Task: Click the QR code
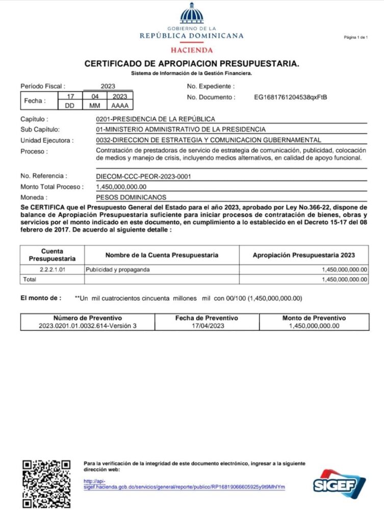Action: pyautogui.click(x=46, y=484)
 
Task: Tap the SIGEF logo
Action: pyautogui.click(x=338, y=484)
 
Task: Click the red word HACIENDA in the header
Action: pyautogui.click(x=192, y=50)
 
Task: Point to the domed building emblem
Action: pyautogui.click(x=192, y=14)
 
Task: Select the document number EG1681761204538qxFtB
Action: pyautogui.click(x=290, y=97)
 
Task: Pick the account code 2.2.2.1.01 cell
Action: pyautogui.click(x=52, y=269)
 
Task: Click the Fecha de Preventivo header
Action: pyautogui.click(x=206, y=318)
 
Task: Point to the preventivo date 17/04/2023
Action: pyautogui.click(x=206, y=326)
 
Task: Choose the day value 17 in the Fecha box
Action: pyautogui.click(x=70, y=96)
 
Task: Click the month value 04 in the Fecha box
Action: pyautogui.click(x=94, y=96)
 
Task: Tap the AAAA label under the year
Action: pyautogui.click(x=120, y=106)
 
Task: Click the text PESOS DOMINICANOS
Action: pyautogui.click(x=131, y=197)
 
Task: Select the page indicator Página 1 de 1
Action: pyautogui.click(x=355, y=38)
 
